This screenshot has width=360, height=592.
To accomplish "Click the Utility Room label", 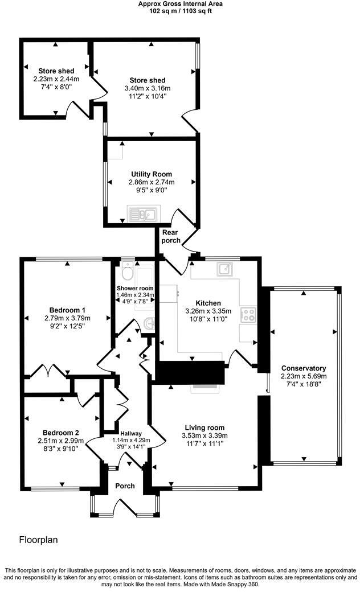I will pyautogui.click(x=151, y=174).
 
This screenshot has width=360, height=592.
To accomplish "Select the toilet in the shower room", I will pyautogui.click(x=128, y=275).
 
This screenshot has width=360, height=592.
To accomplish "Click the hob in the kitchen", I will pyautogui.click(x=249, y=314).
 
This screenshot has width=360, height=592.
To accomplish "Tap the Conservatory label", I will pyautogui.click(x=303, y=368).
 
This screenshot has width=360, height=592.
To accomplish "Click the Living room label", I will pyautogui.click(x=204, y=427).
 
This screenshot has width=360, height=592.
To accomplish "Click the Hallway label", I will pyautogui.click(x=122, y=433).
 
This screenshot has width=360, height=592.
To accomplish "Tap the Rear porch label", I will pyautogui.click(x=171, y=237).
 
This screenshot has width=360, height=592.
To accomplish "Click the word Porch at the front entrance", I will pyautogui.click(x=125, y=486).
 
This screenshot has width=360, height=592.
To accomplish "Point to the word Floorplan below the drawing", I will pyautogui.click(x=39, y=540).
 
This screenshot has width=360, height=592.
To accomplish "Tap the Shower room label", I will pyautogui.click(x=135, y=288).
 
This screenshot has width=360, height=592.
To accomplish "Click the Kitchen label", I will pyautogui.click(x=208, y=303).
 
